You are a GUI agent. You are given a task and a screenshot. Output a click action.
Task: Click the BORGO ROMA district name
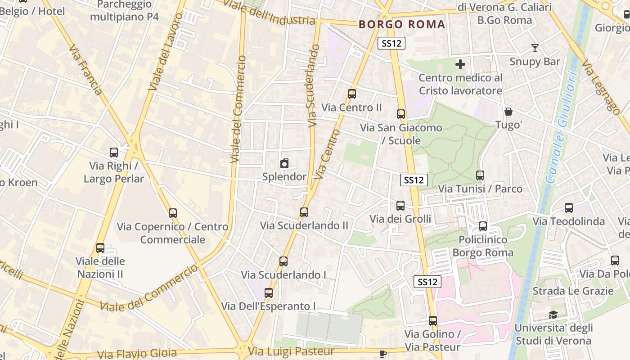pos(402,24)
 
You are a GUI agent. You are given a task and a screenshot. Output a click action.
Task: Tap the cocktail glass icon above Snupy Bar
pos(535,48)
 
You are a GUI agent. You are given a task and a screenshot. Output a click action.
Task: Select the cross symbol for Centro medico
pos(460,64)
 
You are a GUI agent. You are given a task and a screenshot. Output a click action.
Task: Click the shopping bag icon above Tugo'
pos(508,111)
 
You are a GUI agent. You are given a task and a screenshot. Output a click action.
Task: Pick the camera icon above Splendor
pos(284,164)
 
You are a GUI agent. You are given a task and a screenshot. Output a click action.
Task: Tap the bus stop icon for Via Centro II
pos(352,94)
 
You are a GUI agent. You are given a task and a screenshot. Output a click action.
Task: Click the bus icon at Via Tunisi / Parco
pos(480,175)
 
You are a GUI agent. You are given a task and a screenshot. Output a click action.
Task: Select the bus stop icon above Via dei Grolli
pos(400,206)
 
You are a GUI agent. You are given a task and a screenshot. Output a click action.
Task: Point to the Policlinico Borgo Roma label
pos(483,246)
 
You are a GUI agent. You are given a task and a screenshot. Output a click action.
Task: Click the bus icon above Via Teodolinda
pos(569,208)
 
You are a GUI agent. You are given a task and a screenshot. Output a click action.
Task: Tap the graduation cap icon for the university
pos(553,315)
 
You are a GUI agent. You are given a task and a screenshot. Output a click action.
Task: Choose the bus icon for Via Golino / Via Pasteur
pos(433,321)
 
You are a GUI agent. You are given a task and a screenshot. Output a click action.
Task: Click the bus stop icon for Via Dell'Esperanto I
pos(269,293)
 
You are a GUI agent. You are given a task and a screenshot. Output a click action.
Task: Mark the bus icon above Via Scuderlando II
pos(304,212)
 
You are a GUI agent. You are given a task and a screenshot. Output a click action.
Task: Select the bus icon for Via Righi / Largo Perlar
pos(114,153)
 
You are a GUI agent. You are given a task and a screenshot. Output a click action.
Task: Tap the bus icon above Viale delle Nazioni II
pos(100,248)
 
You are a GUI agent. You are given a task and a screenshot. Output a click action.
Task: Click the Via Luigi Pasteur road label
pos(292,351)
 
